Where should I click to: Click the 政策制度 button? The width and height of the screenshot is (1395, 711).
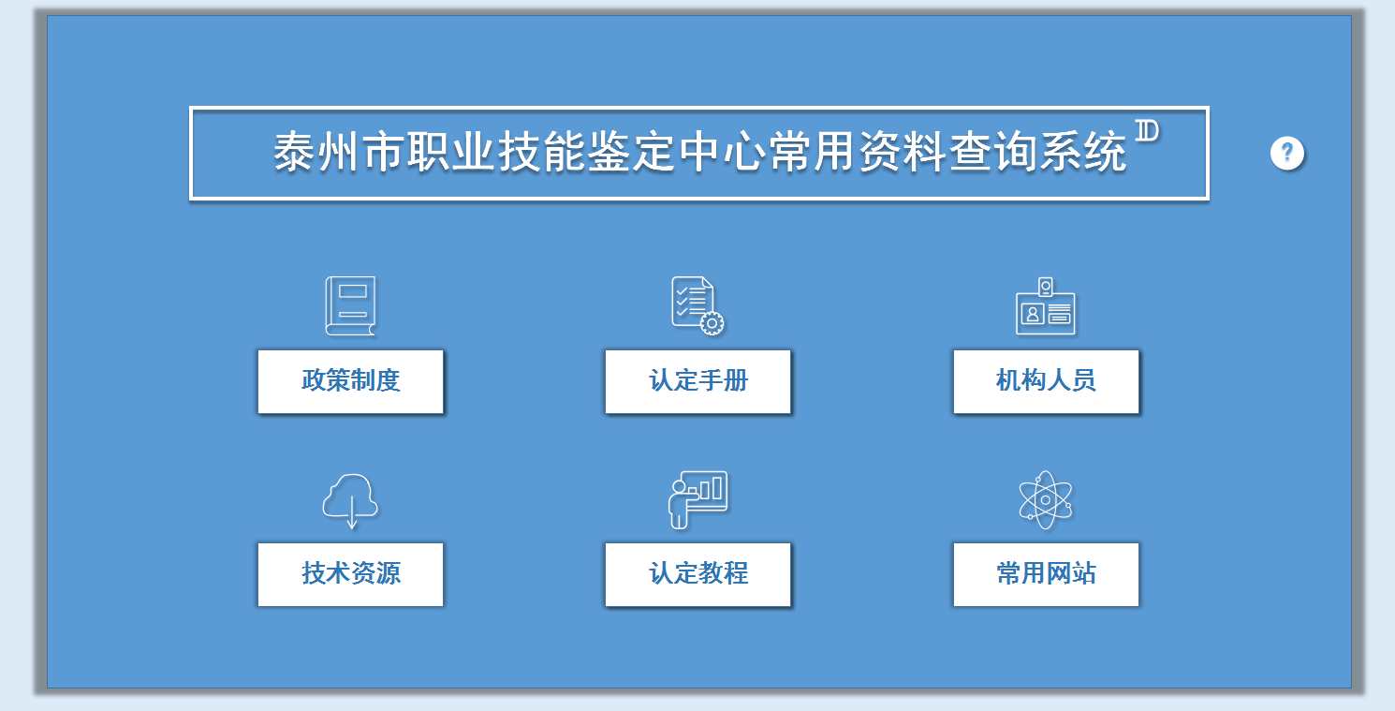(350, 381)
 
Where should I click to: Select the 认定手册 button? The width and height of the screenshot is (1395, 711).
(698, 381)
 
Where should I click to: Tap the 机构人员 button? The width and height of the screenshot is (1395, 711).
(1047, 381)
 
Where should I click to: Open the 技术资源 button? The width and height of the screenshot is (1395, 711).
(350, 574)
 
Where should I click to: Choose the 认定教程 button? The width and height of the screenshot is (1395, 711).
(698, 574)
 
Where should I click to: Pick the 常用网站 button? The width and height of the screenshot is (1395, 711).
(1047, 574)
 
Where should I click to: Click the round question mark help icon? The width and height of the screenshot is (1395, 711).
(1287, 153)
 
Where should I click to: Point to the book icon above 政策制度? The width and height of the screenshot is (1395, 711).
(350, 306)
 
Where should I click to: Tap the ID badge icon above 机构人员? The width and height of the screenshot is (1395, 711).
(1046, 306)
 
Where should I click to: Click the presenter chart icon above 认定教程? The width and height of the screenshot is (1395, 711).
(697, 499)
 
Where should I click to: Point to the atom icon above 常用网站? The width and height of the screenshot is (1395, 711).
(1046, 499)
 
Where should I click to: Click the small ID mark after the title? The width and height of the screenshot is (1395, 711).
(1147, 131)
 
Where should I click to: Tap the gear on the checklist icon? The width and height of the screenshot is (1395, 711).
(712, 323)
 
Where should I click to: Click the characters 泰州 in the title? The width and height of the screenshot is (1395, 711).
(316, 152)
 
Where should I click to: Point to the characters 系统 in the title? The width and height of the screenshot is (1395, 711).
(1083, 152)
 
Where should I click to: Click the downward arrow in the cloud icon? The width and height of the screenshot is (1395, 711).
(352, 512)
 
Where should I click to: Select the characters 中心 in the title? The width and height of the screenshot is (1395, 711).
(722, 152)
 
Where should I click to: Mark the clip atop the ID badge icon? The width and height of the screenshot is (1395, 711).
(1046, 287)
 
